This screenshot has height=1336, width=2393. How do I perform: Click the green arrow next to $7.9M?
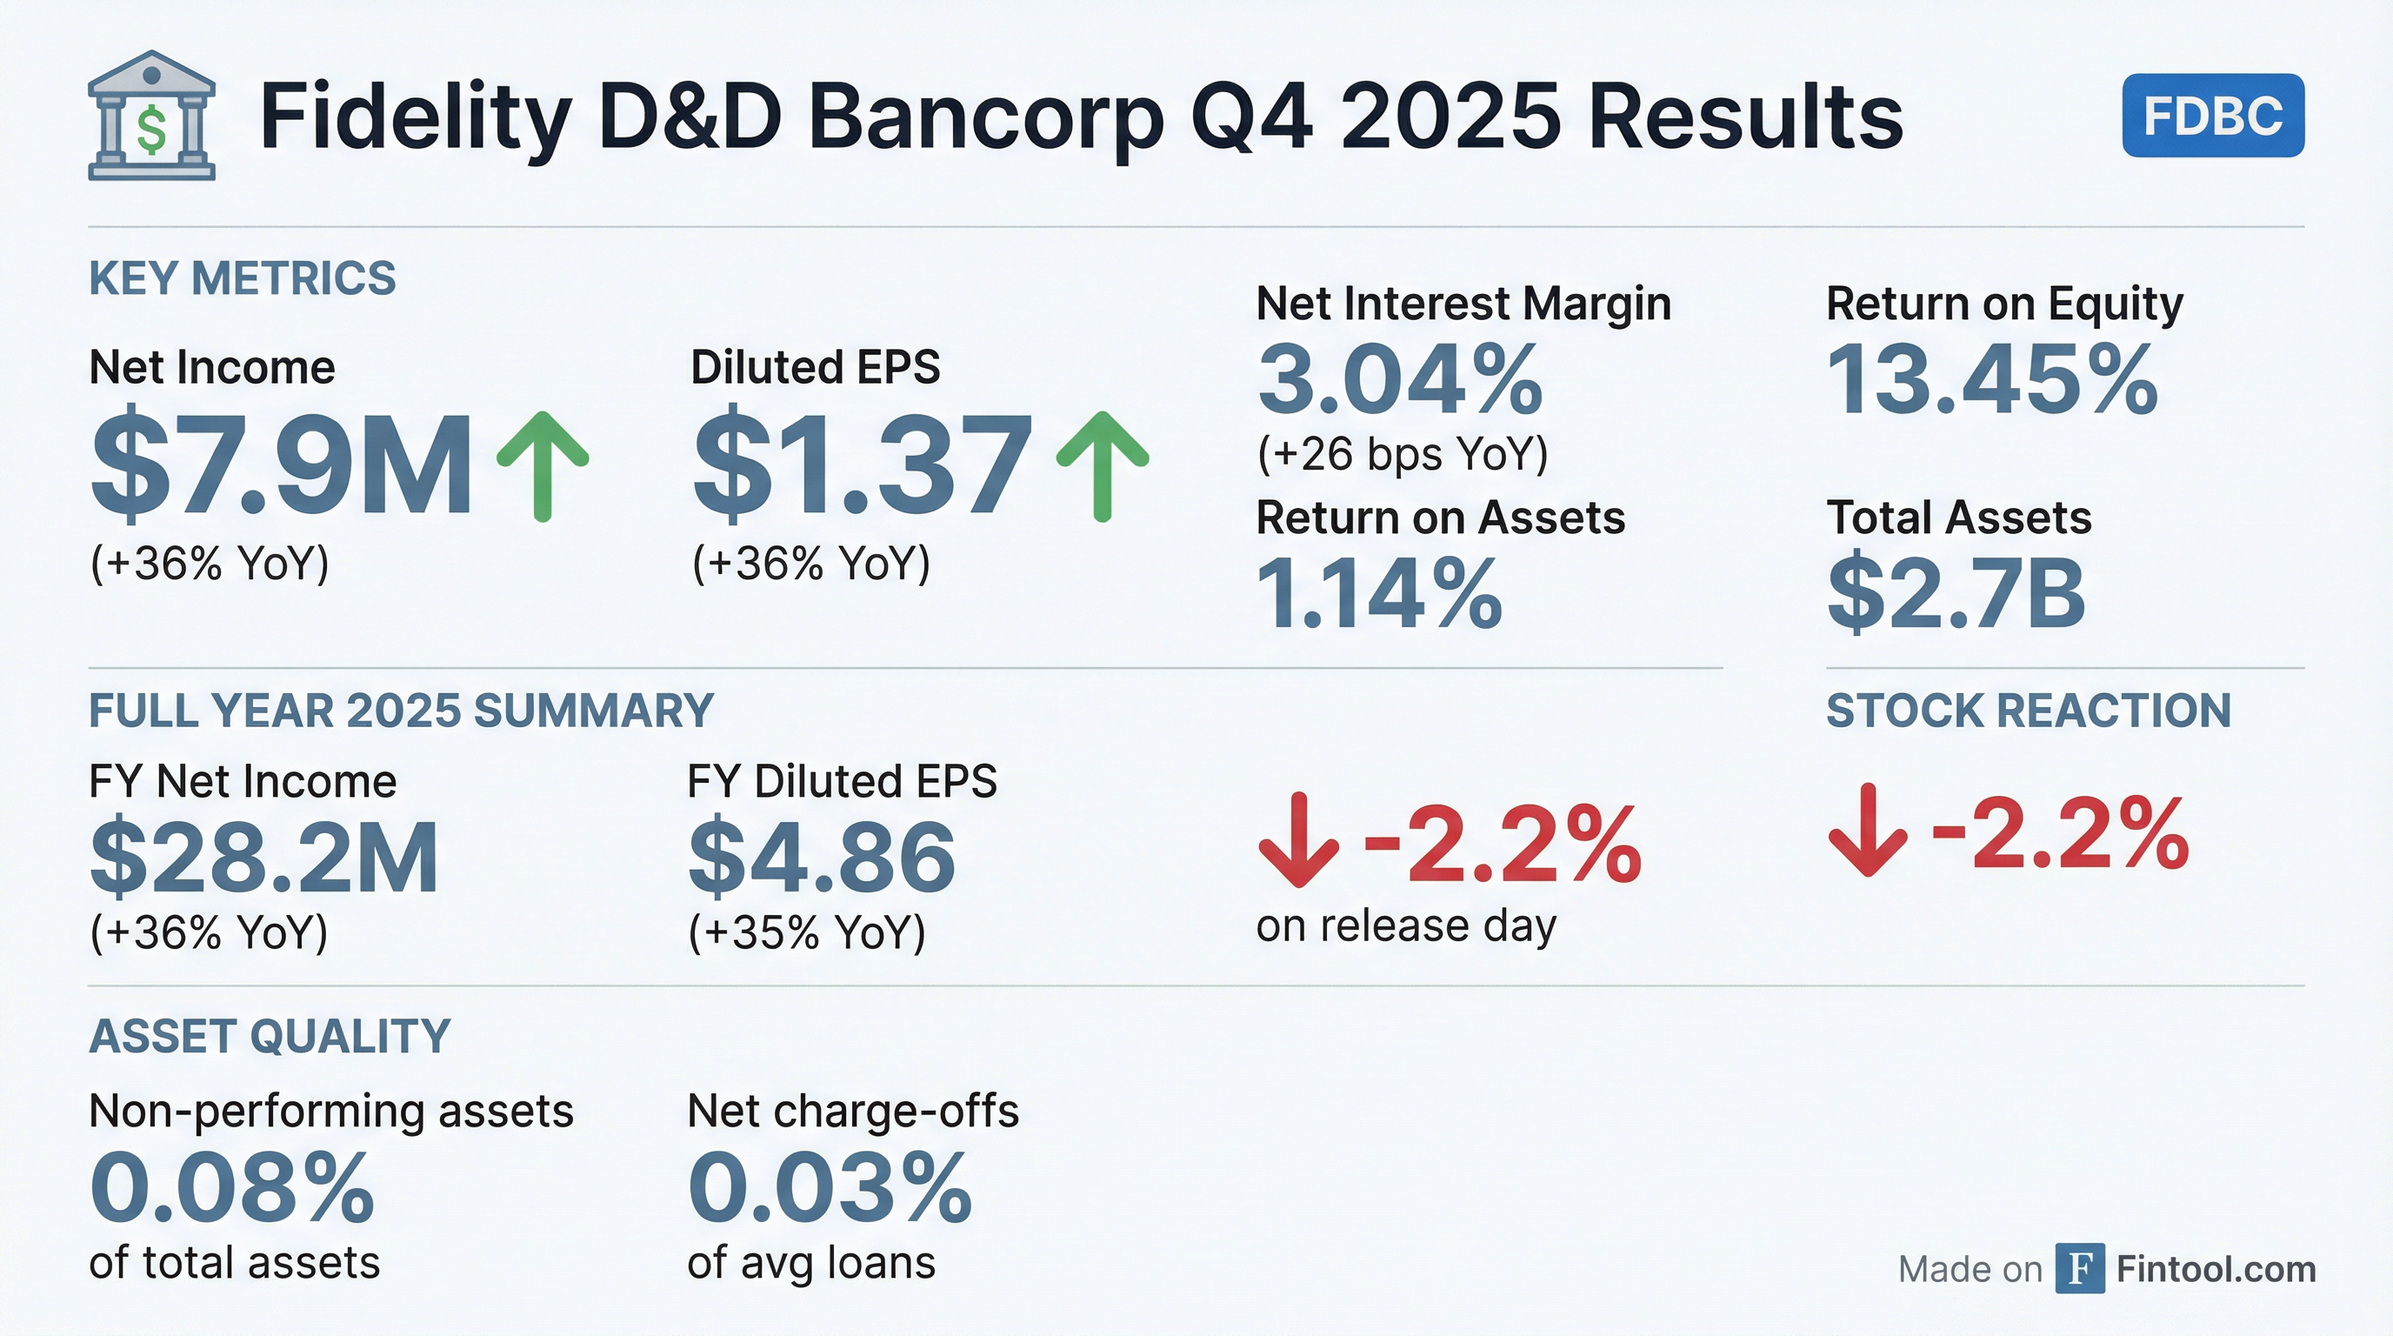pos(543,465)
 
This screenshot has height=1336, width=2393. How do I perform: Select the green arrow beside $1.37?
pos(1103,465)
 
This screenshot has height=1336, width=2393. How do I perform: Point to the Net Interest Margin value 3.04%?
pos(1399,380)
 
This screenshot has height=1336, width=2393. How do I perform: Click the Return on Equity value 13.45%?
pos(1991,380)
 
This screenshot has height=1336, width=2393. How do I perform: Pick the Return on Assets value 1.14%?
pos(1378,594)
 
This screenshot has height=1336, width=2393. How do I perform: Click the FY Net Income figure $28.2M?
pos(263,857)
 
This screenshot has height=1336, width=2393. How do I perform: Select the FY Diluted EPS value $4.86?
pos(821,857)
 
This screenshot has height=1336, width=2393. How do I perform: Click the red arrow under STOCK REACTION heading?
pos(1867,831)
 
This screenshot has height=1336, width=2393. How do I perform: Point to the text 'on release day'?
pos(1405,926)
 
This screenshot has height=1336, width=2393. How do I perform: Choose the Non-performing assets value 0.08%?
pos(232,1188)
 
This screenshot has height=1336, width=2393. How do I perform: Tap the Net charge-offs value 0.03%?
pos(830,1188)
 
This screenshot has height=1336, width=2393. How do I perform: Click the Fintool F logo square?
pos(2079,1268)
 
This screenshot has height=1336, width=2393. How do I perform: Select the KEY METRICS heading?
pos(243,278)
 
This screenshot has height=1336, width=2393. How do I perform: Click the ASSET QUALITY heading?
pos(270,1036)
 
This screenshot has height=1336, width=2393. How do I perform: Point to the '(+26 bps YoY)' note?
pos(1403,454)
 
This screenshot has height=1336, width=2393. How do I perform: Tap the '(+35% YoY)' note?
pos(806,932)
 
